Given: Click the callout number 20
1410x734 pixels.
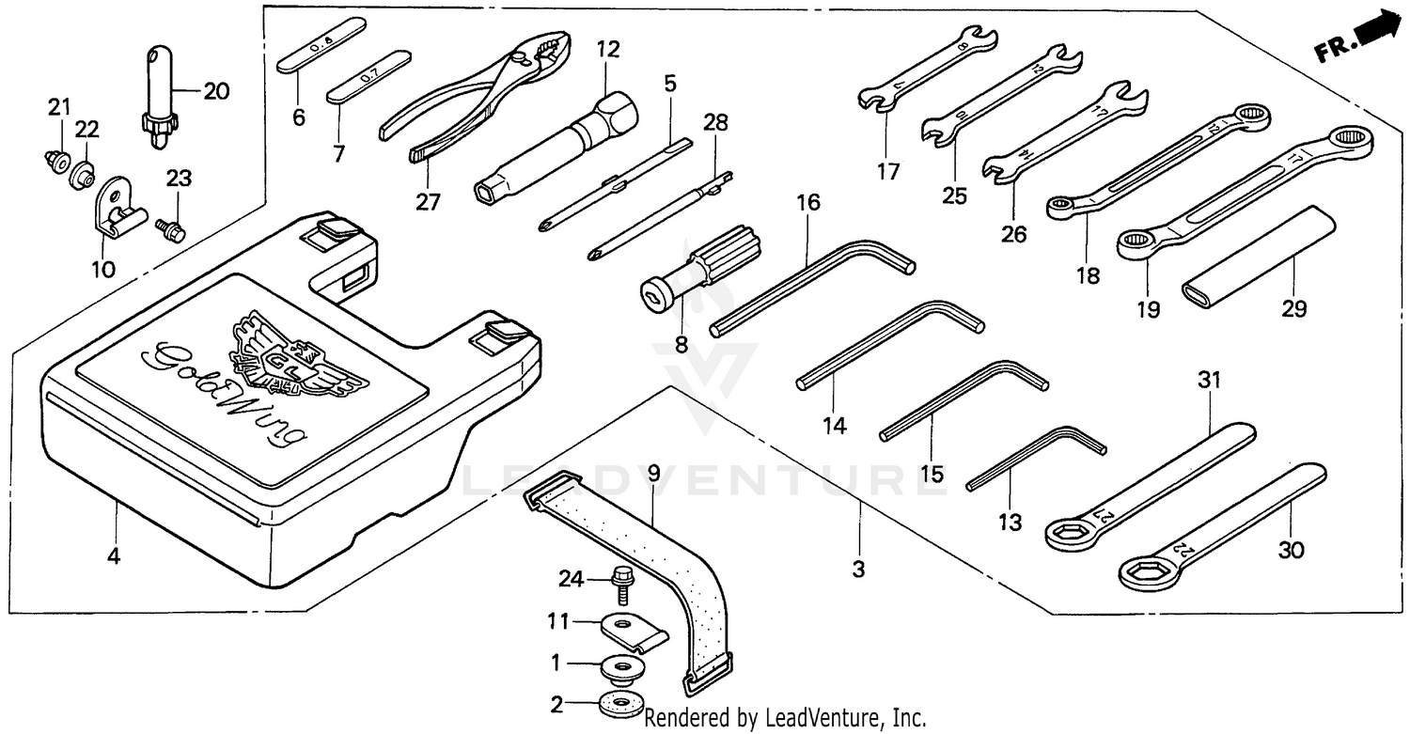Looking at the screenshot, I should tap(215, 91).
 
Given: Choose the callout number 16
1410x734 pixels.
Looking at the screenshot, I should tap(807, 202).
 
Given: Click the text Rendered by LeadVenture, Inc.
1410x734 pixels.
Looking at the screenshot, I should tap(785, 719).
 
